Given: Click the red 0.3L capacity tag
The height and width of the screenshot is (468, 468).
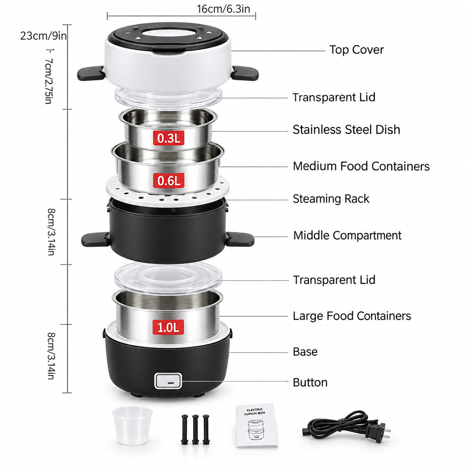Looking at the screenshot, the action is coord(169,138).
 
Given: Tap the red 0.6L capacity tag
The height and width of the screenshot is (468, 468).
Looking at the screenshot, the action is coord(169,181).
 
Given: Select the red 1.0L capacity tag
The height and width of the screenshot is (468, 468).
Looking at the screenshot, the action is coord(168,327).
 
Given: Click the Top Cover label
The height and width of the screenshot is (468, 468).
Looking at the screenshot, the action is coord(356,50).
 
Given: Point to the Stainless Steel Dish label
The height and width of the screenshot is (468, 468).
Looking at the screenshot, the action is coord(346,129).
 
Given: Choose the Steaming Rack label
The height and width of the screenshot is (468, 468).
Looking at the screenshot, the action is coord(331,199).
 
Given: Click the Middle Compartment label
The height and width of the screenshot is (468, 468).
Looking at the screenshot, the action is coord(347,235).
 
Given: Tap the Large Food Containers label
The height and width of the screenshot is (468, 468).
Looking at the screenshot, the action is coord(352,316).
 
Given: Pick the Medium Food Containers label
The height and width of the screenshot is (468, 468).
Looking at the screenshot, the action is coord(361,166).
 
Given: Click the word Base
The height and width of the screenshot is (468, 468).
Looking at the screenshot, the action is coord(305,351).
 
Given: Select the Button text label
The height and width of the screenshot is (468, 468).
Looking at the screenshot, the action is coord(310,383).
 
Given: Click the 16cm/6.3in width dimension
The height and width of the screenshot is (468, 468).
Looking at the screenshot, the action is coord(223,9).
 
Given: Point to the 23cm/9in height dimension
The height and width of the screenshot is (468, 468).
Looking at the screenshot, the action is coord(43,36).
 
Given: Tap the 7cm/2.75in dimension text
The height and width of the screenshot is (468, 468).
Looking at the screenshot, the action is coord(49,81).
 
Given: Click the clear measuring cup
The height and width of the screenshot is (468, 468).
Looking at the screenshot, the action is coord(133,425).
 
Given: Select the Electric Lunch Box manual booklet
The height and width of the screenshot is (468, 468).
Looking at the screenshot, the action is coord(257,425).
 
